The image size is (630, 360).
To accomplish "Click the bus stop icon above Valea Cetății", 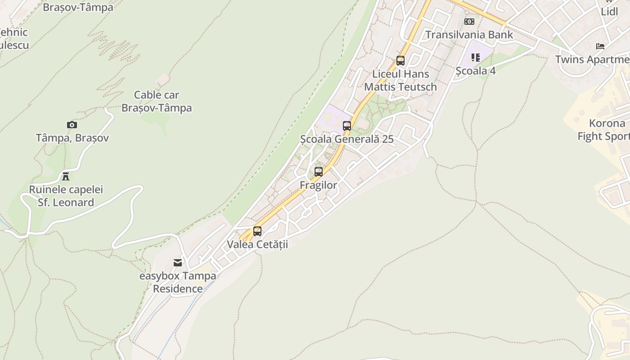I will (x=257, y=231).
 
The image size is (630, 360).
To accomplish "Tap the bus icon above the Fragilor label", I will (x=319, y=171).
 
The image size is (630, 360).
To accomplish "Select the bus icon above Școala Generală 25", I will (x=347, y=126).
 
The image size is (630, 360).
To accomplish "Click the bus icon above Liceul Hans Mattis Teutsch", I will (x=400, y=61).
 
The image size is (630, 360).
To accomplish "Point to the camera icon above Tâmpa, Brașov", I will (x=72, y=125).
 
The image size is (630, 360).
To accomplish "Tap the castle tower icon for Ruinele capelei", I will (x=66, y=176).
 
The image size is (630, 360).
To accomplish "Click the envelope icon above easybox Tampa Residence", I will (x=178, y=263).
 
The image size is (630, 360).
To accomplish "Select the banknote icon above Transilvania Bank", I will (x=469, y=22).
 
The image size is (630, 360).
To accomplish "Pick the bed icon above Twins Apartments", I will (x=600, y=46).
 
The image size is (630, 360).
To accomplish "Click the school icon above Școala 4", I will (x=476, y=58).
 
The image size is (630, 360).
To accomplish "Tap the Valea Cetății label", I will (x=257, y=244).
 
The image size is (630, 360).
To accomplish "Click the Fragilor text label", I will (x=319, y=185).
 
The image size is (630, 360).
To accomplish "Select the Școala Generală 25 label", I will (x=347, y=139).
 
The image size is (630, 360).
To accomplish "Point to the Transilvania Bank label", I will (x=469, y=35).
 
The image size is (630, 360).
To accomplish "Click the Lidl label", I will (x=609, y=12).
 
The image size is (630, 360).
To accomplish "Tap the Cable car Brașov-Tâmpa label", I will (x=157, y=101).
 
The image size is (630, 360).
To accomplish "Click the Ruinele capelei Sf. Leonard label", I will (x=66, y=196).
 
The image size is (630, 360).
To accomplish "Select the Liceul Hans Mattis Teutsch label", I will (x=400, y=80).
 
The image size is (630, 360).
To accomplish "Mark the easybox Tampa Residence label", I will (x=178, y=282).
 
